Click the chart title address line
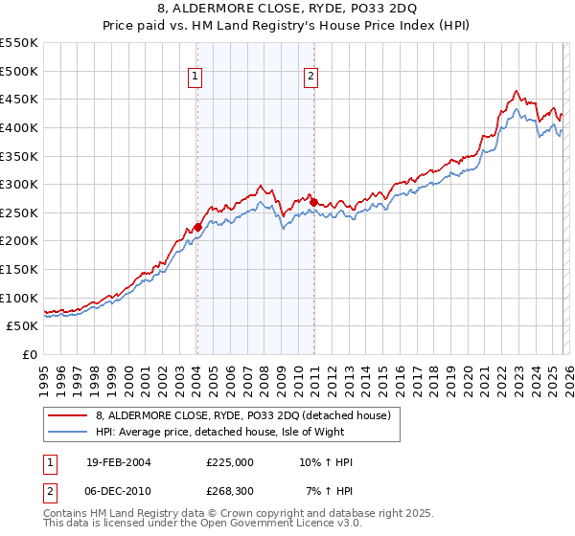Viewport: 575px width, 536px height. (x=287, y=11)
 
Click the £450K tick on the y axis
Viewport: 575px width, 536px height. (x=19, y=99)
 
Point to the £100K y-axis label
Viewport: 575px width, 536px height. (x=19, y=298)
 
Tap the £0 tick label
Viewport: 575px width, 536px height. (x=29, y=354)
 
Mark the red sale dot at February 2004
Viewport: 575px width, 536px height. (x=197, y=227)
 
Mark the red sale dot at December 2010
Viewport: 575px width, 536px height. (x=313, y=202)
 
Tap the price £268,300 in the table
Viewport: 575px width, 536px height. (x=230, y=491)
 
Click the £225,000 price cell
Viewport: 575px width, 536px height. (x=230, y=462)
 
